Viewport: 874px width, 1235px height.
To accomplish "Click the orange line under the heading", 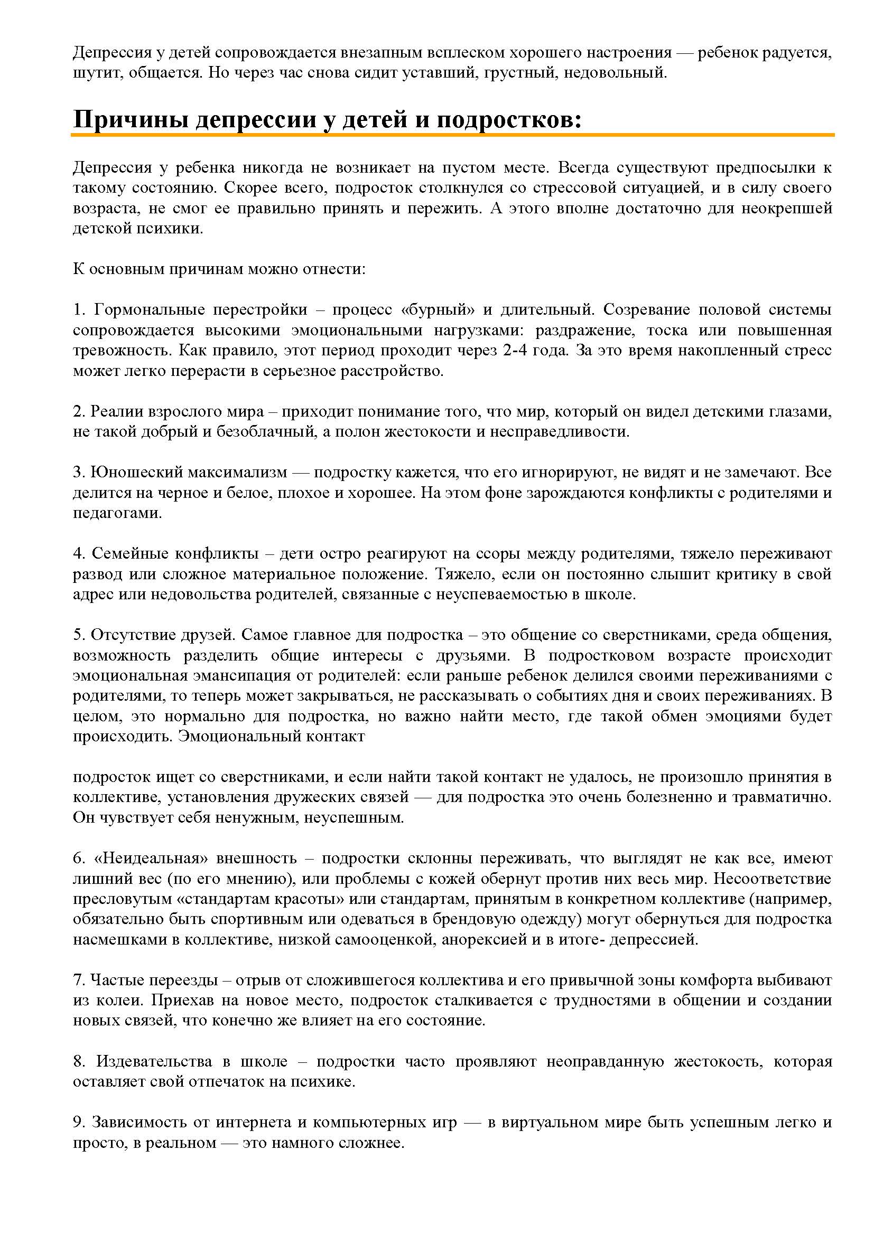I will [452, 135].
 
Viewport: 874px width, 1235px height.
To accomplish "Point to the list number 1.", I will [79, 310].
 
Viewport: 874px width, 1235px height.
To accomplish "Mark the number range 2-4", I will [517, 351].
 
